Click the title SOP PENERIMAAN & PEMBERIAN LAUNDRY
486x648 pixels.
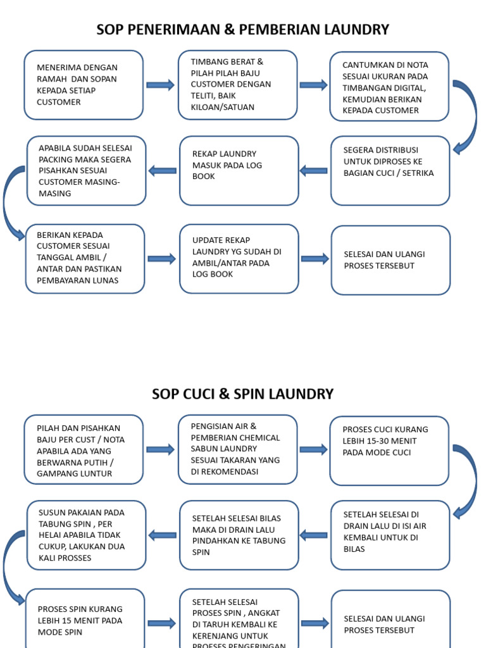point(242,30)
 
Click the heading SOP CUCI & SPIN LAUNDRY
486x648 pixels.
point(242,394)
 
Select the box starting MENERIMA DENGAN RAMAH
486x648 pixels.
point(84,85)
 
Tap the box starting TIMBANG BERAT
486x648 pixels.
point(237,85)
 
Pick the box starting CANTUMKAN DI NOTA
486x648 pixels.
point(389,87)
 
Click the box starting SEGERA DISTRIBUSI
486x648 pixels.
point(390,171)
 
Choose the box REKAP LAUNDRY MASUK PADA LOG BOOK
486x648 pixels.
point(239,171)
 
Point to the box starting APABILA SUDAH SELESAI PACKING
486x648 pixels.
point(87,171)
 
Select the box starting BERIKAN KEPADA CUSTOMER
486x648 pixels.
point(85,259)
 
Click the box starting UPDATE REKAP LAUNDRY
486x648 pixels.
point(239,259)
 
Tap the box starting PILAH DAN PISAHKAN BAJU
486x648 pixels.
point(84,450)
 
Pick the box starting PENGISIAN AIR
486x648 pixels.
point(237,449)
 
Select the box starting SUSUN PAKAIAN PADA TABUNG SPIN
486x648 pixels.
point(87,535)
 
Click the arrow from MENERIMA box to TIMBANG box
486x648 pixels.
point(160,85)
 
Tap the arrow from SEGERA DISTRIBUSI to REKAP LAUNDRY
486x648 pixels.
point(314,170)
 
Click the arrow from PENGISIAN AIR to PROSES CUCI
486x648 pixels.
point(313,449)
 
